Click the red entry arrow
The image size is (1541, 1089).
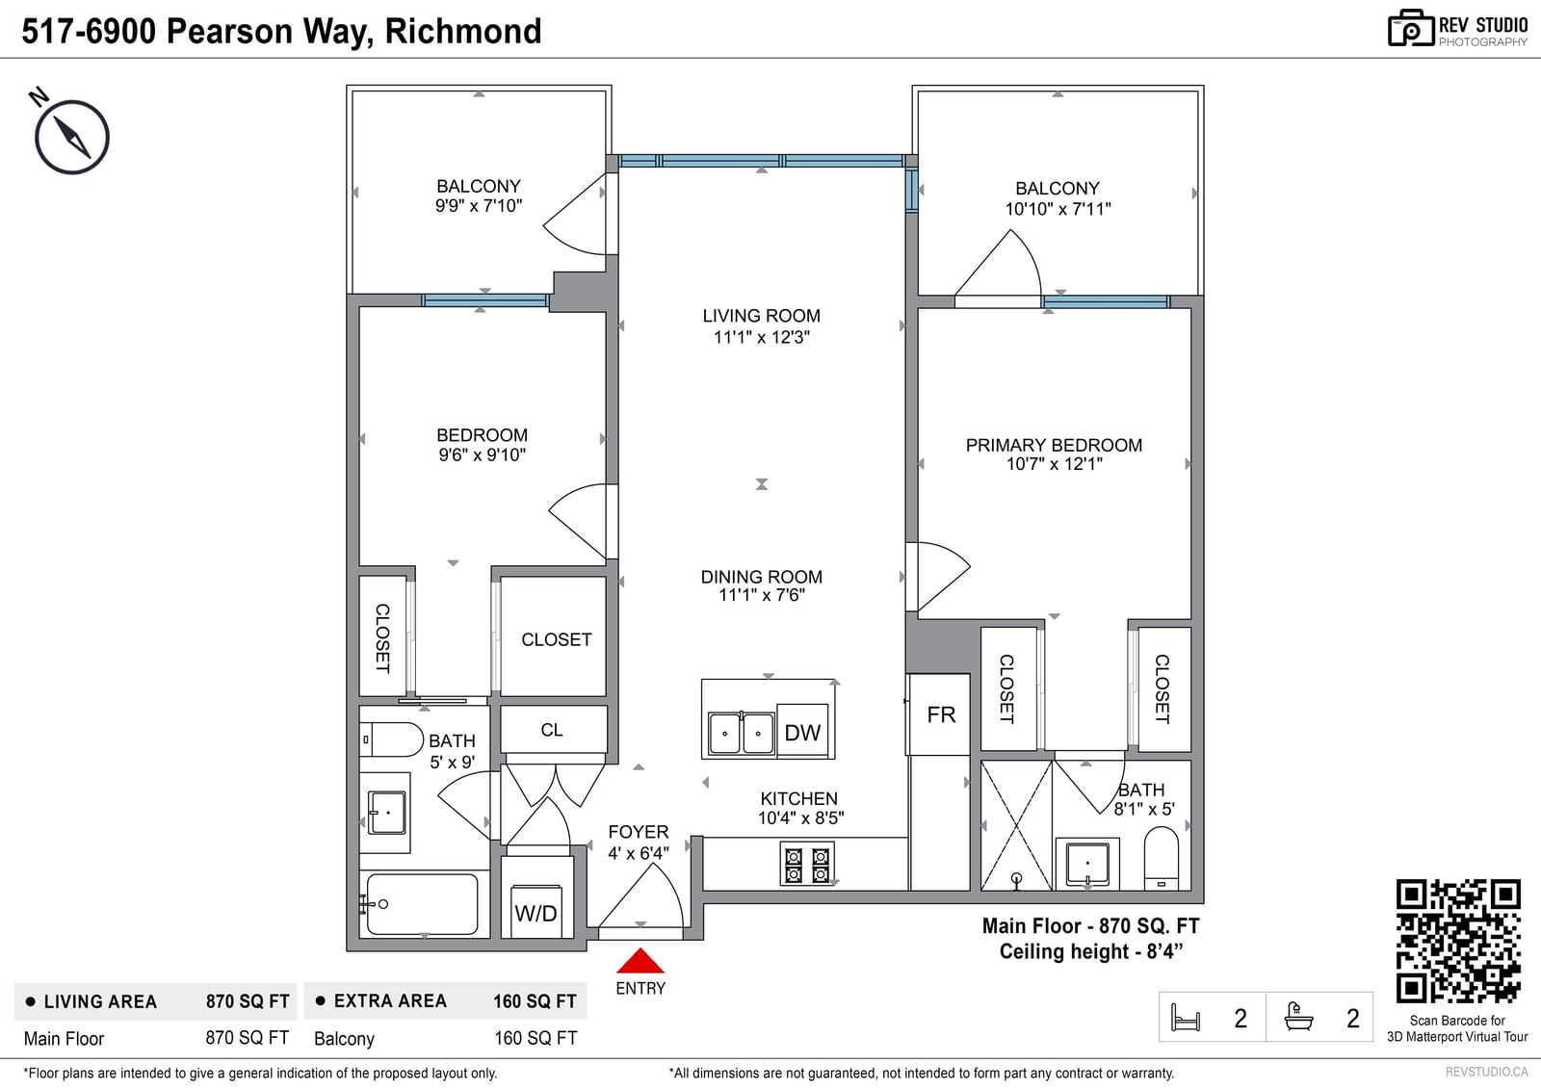[x=640, y=960]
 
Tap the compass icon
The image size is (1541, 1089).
[x=71, y=137]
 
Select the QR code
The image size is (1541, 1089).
[x=1458, y=941]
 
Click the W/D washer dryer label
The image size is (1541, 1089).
[x=535, y=913]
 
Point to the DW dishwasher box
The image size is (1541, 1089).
[x=802, y=731]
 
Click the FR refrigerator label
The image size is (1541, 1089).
[x=941, y=714]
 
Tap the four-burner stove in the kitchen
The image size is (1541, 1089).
[x=807, y=864]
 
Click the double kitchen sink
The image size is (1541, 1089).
[x=741, y=734]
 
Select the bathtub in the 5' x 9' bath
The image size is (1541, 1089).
[x=422, y=904]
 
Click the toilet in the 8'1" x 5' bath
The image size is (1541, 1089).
[x=1162, y=858]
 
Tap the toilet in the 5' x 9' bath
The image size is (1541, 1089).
[x=391, y=739]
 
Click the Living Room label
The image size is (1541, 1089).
[x=761, y=316]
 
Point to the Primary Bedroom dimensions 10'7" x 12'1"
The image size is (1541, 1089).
[x=1054, y=464]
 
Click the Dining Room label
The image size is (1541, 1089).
[x=761, y=577]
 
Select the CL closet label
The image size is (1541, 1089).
[x=552, y=730]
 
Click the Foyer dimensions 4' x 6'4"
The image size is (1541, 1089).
[x=639, y=853]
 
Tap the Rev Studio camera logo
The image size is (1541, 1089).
[x=1410, y=28]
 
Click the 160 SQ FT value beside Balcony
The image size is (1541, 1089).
[x=535, y=1038]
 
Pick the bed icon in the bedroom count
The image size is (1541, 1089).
[x=1185, y=1018]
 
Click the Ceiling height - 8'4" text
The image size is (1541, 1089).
[x=1091, y=951]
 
